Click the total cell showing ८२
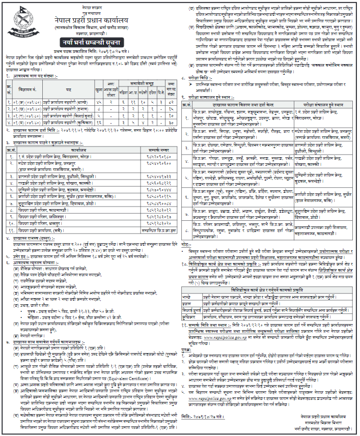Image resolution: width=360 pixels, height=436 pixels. (x=171, y=102)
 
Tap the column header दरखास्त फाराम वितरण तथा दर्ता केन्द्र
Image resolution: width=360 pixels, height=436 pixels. (x=235, y=103)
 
